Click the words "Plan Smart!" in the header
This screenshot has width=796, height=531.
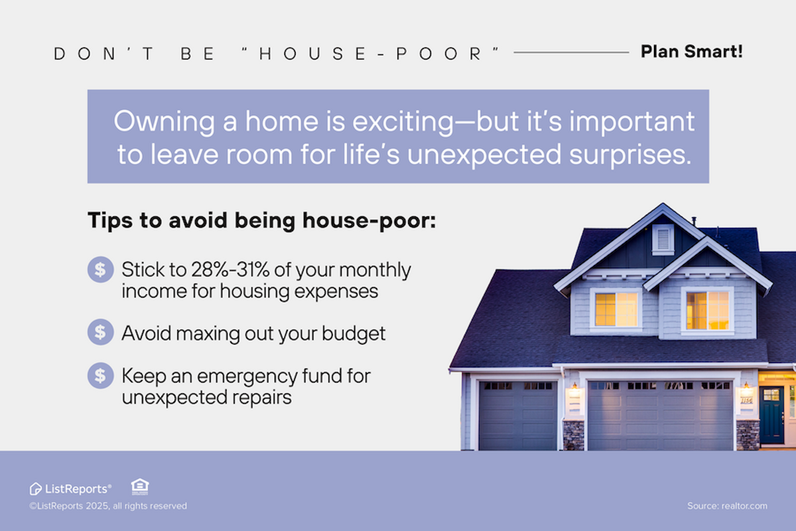click(x=691, y=52)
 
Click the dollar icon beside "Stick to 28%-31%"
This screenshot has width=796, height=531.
click(x=100, y=270)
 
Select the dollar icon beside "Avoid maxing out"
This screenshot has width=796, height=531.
click(x=100, y=333)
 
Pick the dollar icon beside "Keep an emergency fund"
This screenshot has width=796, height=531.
click(x=100, y=376)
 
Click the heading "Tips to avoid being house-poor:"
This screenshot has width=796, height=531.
click(x=262, y=220)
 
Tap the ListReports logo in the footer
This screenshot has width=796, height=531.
click(x=70, y=489)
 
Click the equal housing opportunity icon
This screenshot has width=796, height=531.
click(x=140, y=487)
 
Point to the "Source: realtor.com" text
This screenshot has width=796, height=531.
click(x=727, y=506)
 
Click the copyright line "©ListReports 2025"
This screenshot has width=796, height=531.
click(x=107, y=506)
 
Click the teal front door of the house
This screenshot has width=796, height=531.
click(x=771, y=415)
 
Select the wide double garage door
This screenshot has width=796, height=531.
click(x=659, y=415)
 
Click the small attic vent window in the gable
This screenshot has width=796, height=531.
click(x=663, y=238)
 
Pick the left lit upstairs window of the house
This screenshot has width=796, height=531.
click(x=616, y=309)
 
